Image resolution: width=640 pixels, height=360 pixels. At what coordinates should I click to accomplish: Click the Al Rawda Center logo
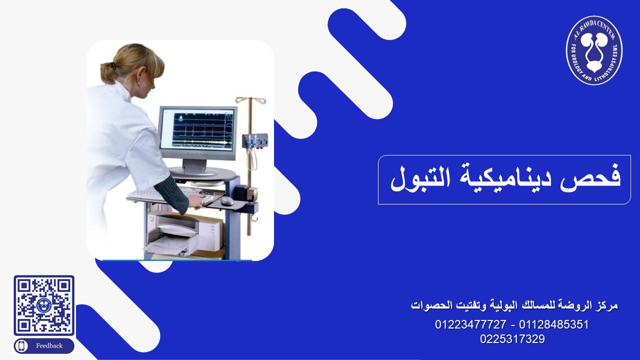594,50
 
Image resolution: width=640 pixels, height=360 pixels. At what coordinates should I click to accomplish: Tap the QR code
44,305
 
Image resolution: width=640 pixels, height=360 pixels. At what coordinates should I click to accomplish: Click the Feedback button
44,345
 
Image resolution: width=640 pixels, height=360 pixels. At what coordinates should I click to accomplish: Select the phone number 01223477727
470,324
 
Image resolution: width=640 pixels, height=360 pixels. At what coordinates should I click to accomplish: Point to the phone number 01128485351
553,324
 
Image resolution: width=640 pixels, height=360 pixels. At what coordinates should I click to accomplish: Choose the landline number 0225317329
512,339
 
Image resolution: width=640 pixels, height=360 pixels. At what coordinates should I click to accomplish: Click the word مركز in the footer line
607,305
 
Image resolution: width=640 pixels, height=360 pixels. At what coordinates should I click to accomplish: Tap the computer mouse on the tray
227,200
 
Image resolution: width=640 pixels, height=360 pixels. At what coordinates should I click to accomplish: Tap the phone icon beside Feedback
21,346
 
